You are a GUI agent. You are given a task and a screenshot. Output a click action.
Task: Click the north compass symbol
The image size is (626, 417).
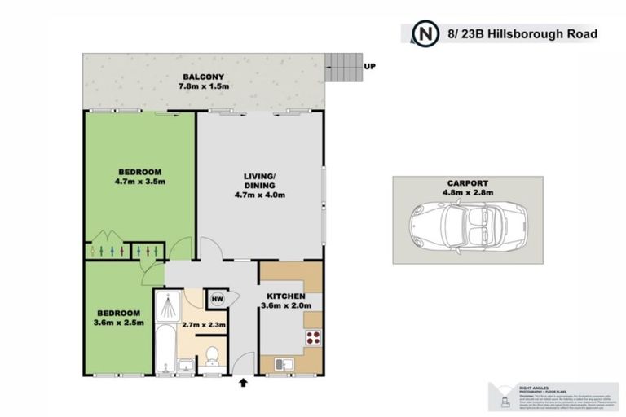[x=425, y=34]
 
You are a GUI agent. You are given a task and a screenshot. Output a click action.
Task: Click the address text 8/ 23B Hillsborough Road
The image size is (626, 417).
[x=523, y=34]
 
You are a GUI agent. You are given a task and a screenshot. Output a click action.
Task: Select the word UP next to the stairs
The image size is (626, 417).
[x=370, y=67]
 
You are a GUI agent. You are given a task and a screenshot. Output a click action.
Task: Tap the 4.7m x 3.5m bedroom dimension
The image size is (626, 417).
[x=139, y=182]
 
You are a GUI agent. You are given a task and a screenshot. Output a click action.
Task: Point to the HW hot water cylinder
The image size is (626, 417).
[x=217, y=300]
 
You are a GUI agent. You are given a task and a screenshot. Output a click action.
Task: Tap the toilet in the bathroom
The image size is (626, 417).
[x=212, y=355]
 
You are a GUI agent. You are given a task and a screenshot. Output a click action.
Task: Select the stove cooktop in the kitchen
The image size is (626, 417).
[x=313, y=338]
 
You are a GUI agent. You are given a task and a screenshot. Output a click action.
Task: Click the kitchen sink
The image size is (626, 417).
[x=282, y=363]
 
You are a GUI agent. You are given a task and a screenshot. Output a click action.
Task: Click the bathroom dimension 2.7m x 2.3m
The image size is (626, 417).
[x=205, y=325]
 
